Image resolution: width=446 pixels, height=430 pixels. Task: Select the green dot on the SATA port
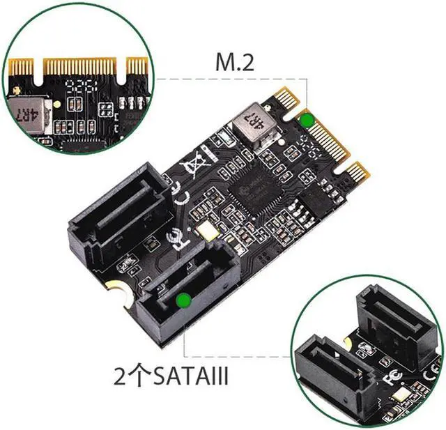(x=183, y=300)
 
